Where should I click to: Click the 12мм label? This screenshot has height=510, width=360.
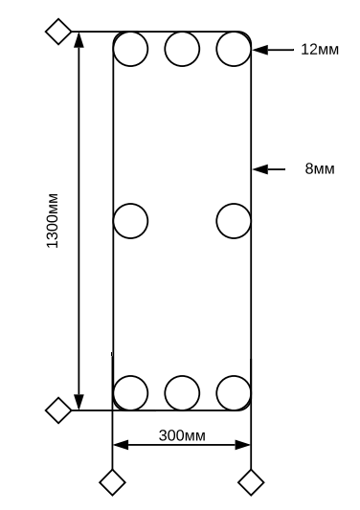pyautogui.click(x=321, y=48)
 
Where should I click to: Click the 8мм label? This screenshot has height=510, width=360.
pyautogui.click(x=319, y=168)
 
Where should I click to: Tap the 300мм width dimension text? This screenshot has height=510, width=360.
pyautogui.click(x=182, y=435)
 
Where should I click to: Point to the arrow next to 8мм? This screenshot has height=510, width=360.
pyautogui.click(x=270, y=169)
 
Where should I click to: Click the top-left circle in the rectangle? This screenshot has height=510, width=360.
pyautogui.click(x=131, y=48)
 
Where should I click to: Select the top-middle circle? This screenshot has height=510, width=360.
pyautogui.click(x=182, y=48)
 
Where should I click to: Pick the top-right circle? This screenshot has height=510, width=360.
pyautogui.click(x=233, y=48)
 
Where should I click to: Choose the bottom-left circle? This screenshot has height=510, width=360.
pyautogui.click(x=131, y=392)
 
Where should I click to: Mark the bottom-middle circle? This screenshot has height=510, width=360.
pyautogui.click(x=182, y=392)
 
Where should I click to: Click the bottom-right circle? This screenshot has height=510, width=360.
pyautogui.click(x=233, y=392)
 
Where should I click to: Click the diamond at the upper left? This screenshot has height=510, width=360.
pyautogui.click(x=59, y=32)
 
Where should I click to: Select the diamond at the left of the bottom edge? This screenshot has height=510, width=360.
pyautogui.click(x=59, y=410)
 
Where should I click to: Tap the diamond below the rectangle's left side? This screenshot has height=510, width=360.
pyautogui.click(x=113, y=481)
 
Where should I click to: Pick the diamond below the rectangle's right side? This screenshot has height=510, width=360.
pyautogui.click(x=251, y=481)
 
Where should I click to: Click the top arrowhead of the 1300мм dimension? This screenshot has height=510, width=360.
pyautogui.click(x=79, y=39)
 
